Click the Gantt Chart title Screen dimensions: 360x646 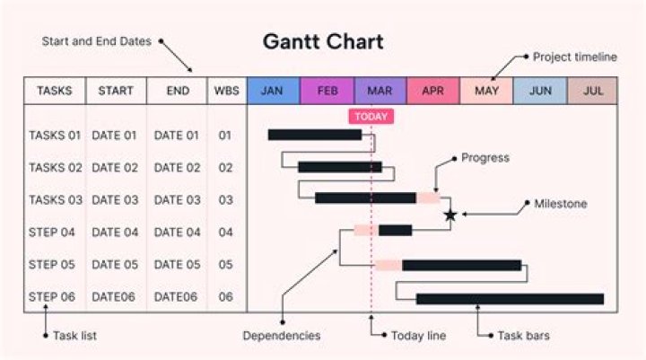pyautogui.click(x=323, y=41)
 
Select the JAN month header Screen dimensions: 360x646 pyautogui.click(x=273, y=91)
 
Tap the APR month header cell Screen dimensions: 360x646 pyautogui.click(x=432, y=91)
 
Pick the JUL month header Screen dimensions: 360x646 pyautogui.click(x=592, y=91)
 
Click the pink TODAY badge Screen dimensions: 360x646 pyautogui.click(x=371, y=117)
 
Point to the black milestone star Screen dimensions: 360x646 pyautogui.click(x=450, y=215)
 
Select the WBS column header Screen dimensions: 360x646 pyautogui.click(x=225, y=91)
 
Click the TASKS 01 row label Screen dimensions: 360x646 pyautogui.click(x=55, y=136)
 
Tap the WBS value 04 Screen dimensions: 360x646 pyautogui.click(x=225, y=233)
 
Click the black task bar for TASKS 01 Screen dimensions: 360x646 pyautogui.click(x=314, y=135)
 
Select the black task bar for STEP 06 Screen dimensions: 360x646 pyautogui.click(x=510, y=298)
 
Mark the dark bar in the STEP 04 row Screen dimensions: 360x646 pyautogui.click(x=395, y=231)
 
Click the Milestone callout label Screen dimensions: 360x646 pyautogui.click(x=561, y=204)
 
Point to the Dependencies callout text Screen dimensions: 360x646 pyautogui.click(x=282, y=336)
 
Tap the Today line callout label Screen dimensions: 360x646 pyautogui.click(x=420, y=336)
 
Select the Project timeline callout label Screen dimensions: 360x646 pyautogui.click(x=575, y=57)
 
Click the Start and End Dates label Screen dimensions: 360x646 pyautogui.click(x=97, y=41)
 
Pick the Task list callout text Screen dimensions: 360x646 pyautogui.click(x=74, y=336)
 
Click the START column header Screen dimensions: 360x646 pyautogui.click(x=116, y=91)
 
